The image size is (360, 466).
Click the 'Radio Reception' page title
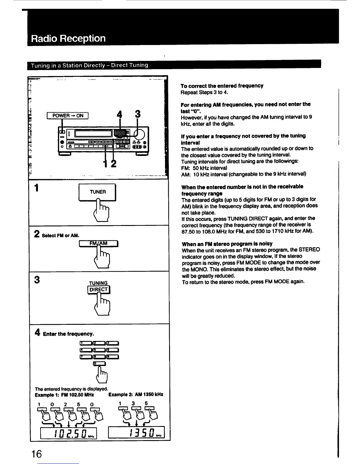coord(68,39)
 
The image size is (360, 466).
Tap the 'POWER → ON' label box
coord(68,116)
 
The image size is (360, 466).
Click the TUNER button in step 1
coord(98,192)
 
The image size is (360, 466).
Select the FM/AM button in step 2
coord(99,244)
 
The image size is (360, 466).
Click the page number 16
coord(37,454)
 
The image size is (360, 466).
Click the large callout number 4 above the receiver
coord(119,114)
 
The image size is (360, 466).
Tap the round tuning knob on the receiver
coord(140,134)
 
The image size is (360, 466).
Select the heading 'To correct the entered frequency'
coord(222,86)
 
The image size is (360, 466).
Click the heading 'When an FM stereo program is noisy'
coord(227,244)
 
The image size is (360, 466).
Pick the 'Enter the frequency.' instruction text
coord(69,334)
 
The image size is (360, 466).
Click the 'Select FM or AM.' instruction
coord(61,235)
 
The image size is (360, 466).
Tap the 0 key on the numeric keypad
coord(99,364)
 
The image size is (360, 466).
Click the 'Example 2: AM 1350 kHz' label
coord(136,395)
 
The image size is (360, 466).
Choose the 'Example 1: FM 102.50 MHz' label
coord(64,395)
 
